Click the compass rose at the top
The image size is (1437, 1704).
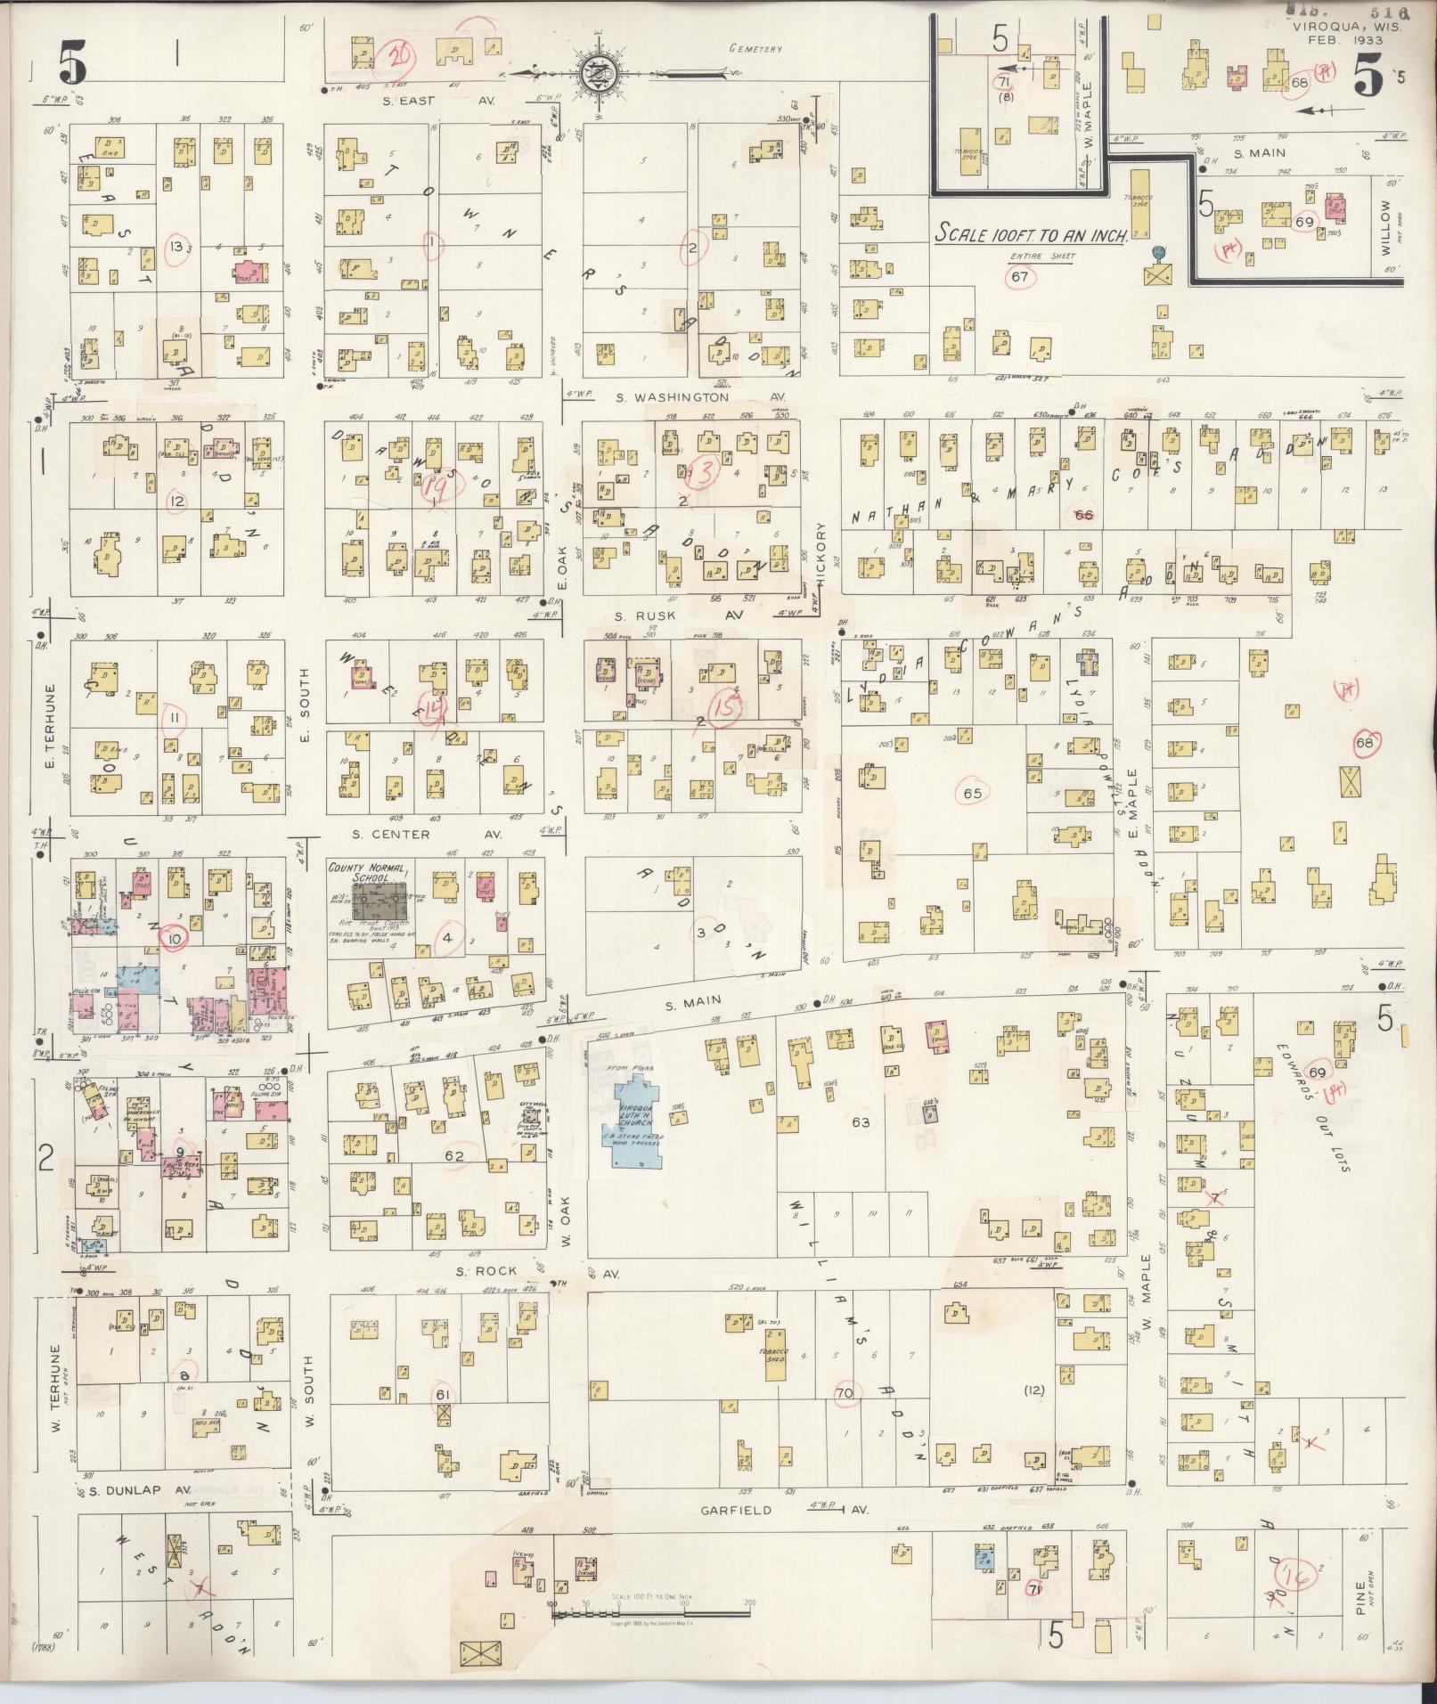pyautogui.click(x=593, y=73)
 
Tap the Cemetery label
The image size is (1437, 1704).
pyautogui.click(x=755, y=49)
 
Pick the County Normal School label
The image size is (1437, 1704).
pyautogui.click(x=369, y=872)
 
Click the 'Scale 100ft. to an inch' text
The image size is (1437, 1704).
pyautogui.click(x=1032, y=234)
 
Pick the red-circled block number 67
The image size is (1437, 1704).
pyautogui.click(x=1019, y=276)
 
